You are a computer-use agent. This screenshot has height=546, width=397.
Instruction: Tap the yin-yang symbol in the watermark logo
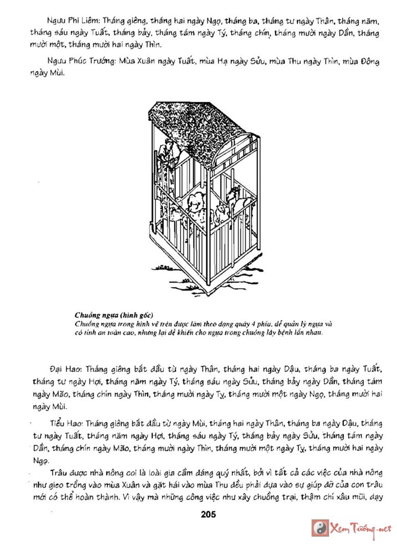tap(320, 528)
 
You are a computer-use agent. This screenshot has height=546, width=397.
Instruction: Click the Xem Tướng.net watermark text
tap(361, 528)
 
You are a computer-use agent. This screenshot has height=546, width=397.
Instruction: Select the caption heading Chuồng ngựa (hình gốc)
tap(114, 314)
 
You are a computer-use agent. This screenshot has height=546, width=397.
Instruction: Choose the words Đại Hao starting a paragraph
tap(65, 368)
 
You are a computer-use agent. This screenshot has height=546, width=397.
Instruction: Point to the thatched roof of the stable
tap(194, 123)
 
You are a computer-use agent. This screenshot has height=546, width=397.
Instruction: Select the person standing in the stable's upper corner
tap(166, 151)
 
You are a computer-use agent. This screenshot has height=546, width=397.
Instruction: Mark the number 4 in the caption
tap(269, 324)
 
